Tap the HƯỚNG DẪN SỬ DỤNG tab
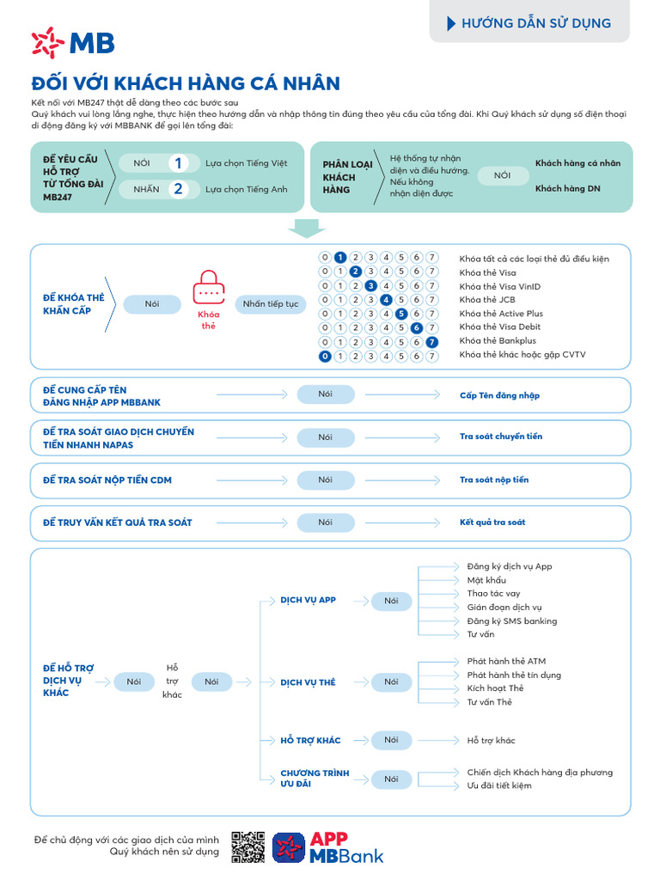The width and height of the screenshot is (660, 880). pyautogui.click(x=529, y=23)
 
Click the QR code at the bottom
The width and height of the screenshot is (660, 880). pyautogui.click(x=247, y=846)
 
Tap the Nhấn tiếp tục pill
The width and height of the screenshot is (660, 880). pyautogui.click(x=270, y=304)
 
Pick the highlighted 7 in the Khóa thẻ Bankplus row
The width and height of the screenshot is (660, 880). pyautogui.click(x=432, y=341)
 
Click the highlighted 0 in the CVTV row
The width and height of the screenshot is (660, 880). pyautogui.click(x=325, y=355)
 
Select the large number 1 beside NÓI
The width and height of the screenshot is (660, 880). pyautogui.click(x=178, y=163)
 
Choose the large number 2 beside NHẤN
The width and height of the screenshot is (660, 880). pyautogui.click(x=178, y=189)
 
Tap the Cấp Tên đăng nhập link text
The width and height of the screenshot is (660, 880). pyautogui.click(x=499, y=395)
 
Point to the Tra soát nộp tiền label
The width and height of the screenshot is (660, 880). pyautogui.click(x=494, y=480)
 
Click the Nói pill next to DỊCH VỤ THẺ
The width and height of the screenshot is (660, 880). pyautogui.click(x=391, y=682)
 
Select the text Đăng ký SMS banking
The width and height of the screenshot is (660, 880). pyautogui.click(x=511, y=621)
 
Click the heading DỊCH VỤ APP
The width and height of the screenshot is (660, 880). pyautogui.click(x=308, y=600)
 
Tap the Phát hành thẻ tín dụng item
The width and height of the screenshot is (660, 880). pyautogui.click(x=514, y=675)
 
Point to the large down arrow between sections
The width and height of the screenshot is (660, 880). pyautogui.click(x=307, y=228)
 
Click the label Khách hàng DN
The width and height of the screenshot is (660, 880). pyautogui.click(x=567, y=188)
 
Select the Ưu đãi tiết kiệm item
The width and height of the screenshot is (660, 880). pyautogui.click(x=498, y=785)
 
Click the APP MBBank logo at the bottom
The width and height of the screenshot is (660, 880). pyautogui.click(x=328, y=846)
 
